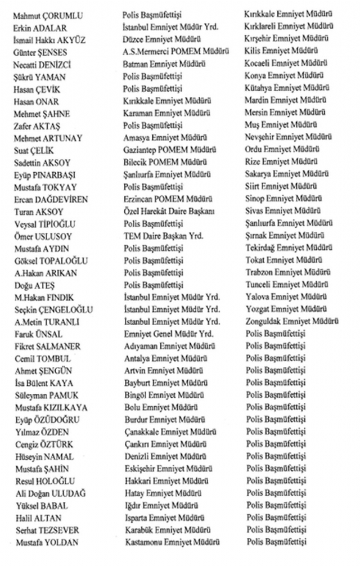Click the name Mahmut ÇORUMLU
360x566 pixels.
[48, 15]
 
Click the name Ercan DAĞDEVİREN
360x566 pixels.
[52, 200]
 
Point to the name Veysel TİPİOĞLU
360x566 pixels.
[45, 224]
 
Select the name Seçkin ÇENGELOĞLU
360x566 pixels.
[54, 310]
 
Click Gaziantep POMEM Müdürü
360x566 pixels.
[167, 150]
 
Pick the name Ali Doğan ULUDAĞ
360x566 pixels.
[49, 493]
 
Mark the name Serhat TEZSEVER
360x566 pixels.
[47, 530]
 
